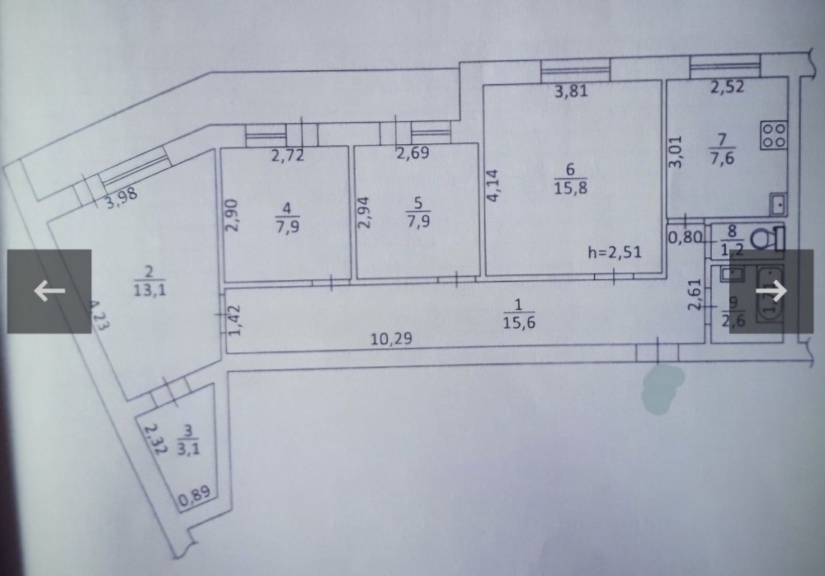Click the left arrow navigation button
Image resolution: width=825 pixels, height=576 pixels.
tap(49, 291)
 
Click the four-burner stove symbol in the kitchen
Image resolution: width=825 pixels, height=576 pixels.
tap(774, 134)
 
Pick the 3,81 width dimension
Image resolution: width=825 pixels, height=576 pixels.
tap(570, 91)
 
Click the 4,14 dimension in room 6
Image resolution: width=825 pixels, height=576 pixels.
tap(493, 186)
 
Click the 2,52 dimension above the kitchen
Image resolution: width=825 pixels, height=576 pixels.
tap(727, 86)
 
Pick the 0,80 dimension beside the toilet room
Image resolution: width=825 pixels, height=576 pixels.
tap(683, 239)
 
